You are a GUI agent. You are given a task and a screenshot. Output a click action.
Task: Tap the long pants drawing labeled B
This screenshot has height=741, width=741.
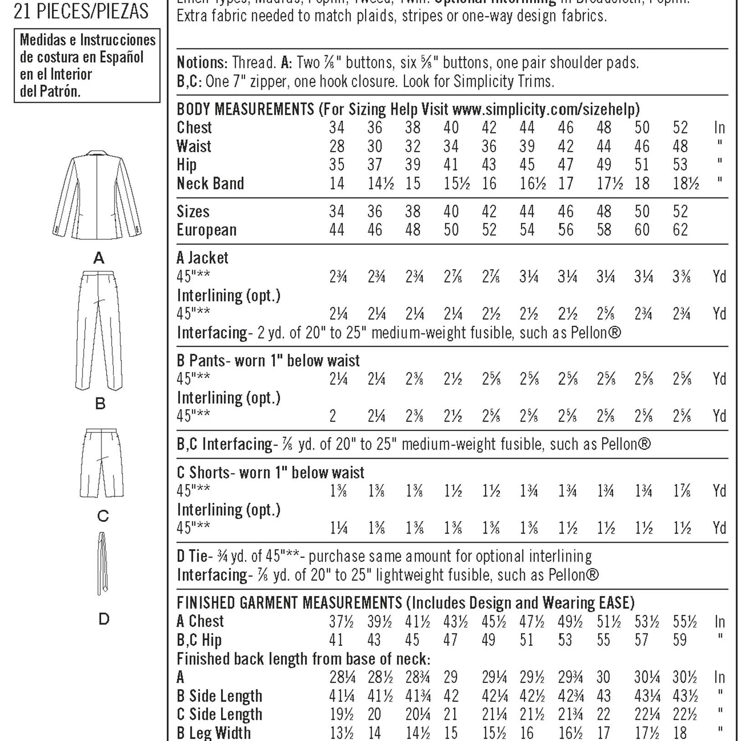pyautogui.click(x=99, y=330)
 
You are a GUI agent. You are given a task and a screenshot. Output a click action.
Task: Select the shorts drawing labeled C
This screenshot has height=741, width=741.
pyautogui.click(x=102, y=463)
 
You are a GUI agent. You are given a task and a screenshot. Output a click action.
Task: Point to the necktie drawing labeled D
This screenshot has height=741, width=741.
pyautogui.click(x=103, y=563)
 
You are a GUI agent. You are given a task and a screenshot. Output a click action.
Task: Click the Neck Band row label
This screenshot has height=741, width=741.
pyautogui.click(x=210, y=184)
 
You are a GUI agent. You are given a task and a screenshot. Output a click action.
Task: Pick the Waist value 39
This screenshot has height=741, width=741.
pyautogui.click(x=527, y=146)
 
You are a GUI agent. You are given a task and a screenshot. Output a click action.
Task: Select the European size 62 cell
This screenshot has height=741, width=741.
pyautogui.click(x=680, y=230)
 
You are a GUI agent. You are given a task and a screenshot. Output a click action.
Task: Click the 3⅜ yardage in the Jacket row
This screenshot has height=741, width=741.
pyautogui.click(x=682, y=277)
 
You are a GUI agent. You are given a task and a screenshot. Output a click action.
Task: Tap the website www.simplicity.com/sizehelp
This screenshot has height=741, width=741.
pyautogui.click(x=545, y=109)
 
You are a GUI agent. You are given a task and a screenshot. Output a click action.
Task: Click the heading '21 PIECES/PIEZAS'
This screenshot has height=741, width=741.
pyautogui.click(x=81, y=11)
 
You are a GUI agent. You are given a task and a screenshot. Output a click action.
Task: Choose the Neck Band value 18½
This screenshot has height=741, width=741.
pyautogui.click(x=685, y=184)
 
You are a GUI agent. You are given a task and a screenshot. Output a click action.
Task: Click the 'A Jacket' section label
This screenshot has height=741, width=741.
pyautogui.click(x=202, y=258)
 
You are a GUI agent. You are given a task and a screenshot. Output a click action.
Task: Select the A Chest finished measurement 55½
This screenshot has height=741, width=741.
pyautogui.click(x=684, y=622)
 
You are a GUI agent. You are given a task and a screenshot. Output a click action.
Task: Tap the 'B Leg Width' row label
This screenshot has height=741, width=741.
pyautogui.click(x=213, y=733)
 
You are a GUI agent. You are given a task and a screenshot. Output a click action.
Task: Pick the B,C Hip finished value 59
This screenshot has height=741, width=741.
pyautogui.click(x=679, y=640)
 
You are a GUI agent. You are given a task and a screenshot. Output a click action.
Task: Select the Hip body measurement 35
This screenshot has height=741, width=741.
pyautogui.click(x=337, y=165)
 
